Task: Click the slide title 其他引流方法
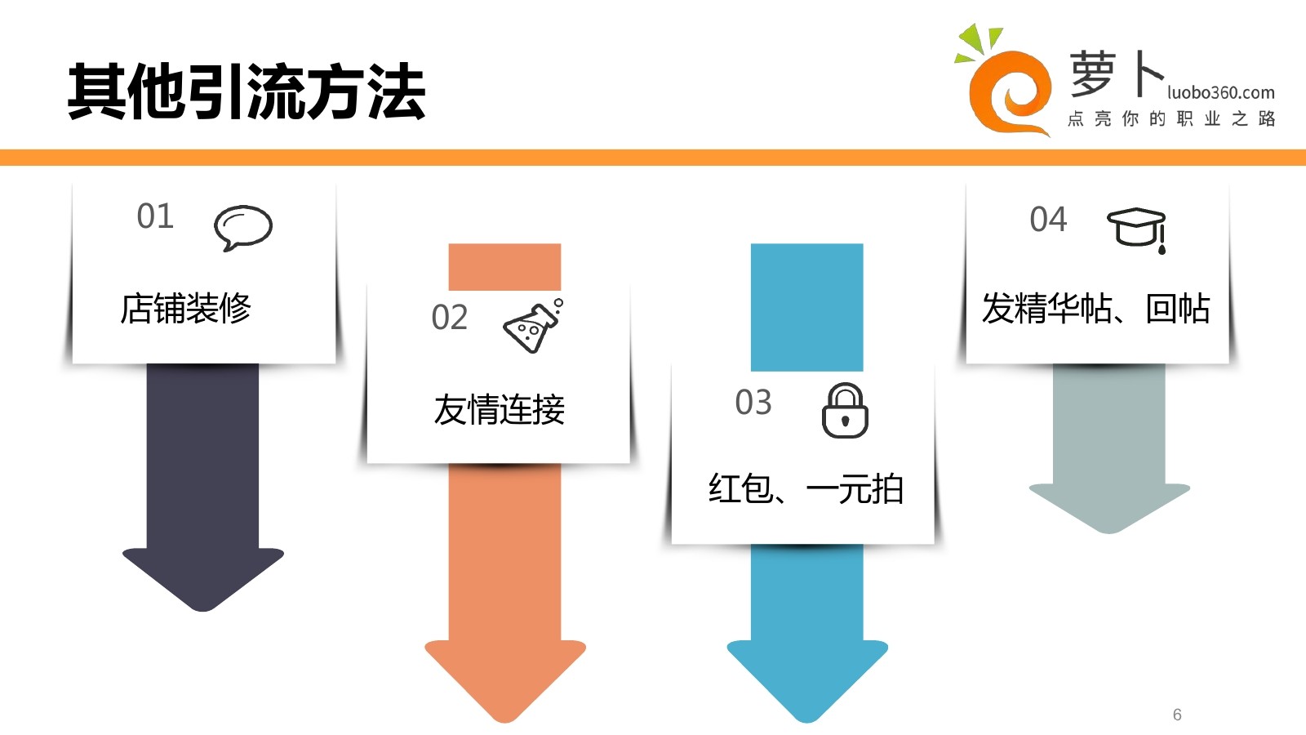pos(247,91)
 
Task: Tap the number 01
pos(155,216)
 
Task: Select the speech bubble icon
pos(242,227)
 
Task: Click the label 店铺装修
pos(185,309)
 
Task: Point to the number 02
pos(450,318)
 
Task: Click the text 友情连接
pos(499,409)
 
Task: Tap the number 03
pos(753,403)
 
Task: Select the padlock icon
pos(845,411)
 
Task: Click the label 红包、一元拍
pos(806,489)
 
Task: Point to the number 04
pos(1048,220)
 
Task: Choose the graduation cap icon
pos(1136,229)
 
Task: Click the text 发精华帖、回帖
pos(1095,309)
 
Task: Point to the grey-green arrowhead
pos(1109,506)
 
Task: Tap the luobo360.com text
pos(1220,92)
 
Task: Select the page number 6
pos(1177,715)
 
